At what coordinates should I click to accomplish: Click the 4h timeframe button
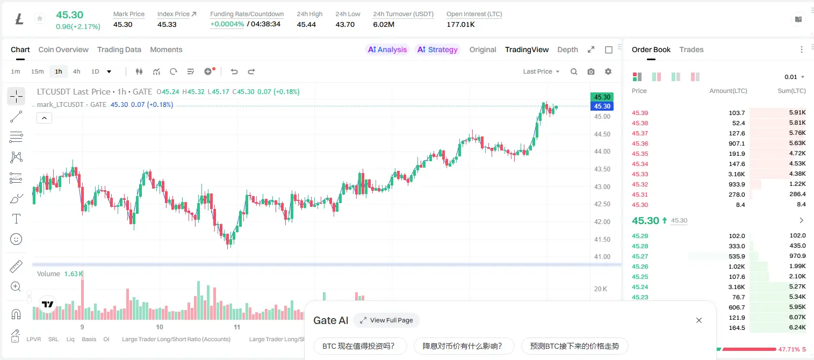(x=76, y=71)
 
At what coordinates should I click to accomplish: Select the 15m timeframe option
(x=37, y=71)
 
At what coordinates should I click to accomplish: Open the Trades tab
(x=691, y=50)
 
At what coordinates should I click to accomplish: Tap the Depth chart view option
(x=567, y=50)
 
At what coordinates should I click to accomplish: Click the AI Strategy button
(x=437, y=50)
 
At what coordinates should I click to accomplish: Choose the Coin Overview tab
(x=63, y=50)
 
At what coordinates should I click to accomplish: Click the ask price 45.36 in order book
(x=640, y=143)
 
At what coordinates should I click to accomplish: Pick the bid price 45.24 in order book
(x=640, y=287)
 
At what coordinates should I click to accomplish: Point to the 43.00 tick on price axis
(x=602, y=187)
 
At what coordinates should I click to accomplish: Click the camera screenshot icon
(x=591, y=71)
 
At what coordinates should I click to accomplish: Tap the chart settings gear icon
(x=608, y=71)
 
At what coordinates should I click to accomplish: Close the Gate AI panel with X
(x=699, y=320)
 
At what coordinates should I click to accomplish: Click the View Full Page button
(x=386, y=320)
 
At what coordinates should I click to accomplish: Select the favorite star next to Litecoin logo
(x=40, y=18)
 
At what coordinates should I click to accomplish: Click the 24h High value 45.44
(x=306, y=24)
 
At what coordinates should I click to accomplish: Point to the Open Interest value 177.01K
(x=460, y=24)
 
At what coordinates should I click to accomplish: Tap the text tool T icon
(x=16, y=219)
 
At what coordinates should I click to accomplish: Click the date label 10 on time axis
(x=159, y=327)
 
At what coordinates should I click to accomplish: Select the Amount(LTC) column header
(x=728, y=91)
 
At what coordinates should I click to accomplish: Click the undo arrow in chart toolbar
(x=234, y=71)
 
